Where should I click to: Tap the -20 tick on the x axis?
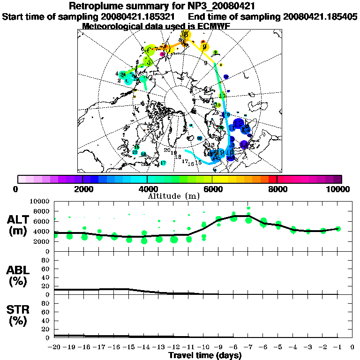pyautogui.click(x=54, y=347)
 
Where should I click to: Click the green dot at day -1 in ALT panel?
pyautogui.click(x=338, y=229)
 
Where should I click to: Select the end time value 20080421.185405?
pyautogui.click(x=320, y=16)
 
